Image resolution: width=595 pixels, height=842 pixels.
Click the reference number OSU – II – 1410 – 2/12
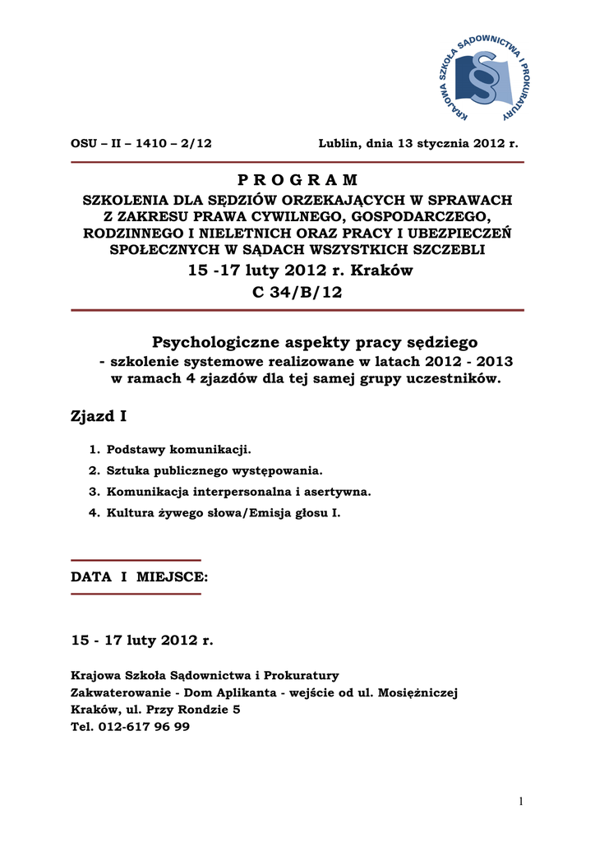coord(141,143)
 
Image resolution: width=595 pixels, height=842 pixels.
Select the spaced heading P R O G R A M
coord(297,180)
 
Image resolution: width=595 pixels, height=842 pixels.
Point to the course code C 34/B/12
coord(297,293)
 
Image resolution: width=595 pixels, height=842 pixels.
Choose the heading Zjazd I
coord(99,417)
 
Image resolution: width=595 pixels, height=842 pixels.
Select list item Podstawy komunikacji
coord(178,450)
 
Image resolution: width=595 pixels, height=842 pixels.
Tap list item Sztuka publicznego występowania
coord(214,471)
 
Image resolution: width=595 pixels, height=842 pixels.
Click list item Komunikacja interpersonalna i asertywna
coord(238,492)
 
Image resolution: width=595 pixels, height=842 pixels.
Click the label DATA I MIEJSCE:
coord(140,577)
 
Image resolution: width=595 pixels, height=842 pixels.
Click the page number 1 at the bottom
coord(521,803)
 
